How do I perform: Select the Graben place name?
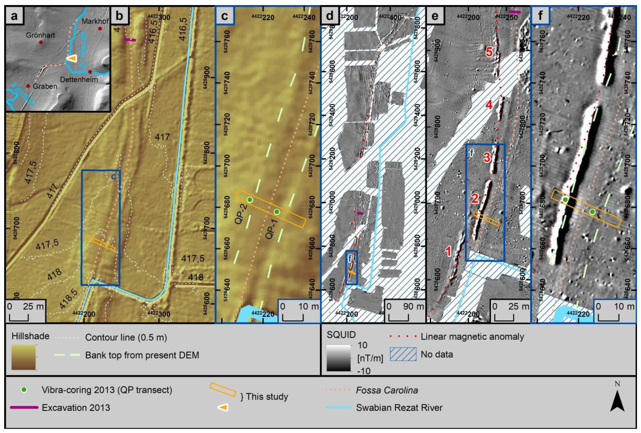[45, 86]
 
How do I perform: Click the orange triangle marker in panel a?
[72, 58]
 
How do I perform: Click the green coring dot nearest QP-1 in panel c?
[277, 212]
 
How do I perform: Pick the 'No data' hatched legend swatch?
[403, 354]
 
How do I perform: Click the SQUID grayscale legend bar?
[339, 358]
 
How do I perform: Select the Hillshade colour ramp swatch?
[23, 358]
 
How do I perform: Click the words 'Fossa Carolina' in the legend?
[387, 390]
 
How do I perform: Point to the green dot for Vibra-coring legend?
[24, 390]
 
